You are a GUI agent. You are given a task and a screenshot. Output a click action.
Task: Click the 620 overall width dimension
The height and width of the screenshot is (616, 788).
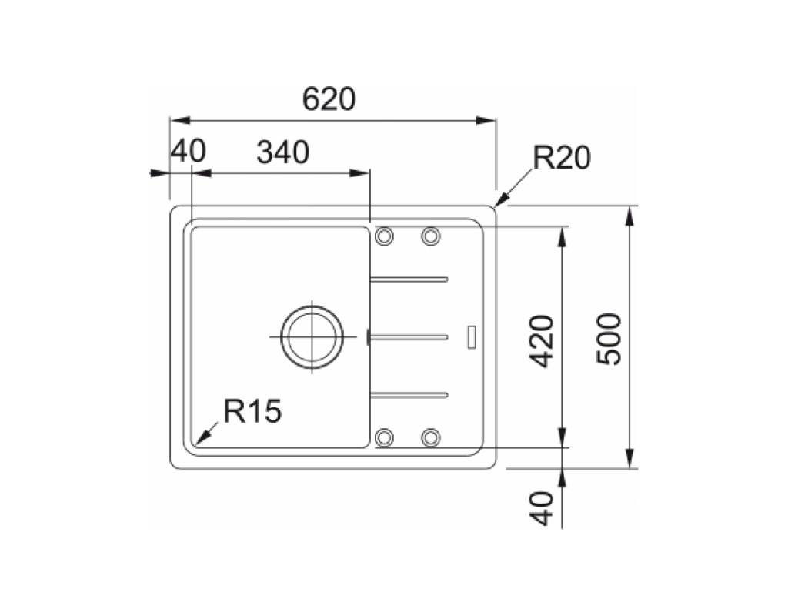pos(329,99)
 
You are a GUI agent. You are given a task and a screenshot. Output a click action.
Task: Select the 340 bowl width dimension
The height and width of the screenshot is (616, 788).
pos(283,152)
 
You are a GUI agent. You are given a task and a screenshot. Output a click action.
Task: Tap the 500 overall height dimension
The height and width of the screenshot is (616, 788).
pos(609,339)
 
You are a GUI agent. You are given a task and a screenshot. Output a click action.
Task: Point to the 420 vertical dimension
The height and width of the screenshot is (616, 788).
pos(542,341)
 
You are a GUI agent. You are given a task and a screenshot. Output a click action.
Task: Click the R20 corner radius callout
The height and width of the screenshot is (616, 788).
pos(561,157)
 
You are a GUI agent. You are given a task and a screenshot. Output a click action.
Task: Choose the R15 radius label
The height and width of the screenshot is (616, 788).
pos(252,411)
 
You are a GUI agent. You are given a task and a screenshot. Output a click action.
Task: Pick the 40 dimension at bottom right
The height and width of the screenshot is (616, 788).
pos(543,508)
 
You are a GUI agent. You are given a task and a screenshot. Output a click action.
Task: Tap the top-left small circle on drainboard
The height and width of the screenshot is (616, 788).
pos(384,236)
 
